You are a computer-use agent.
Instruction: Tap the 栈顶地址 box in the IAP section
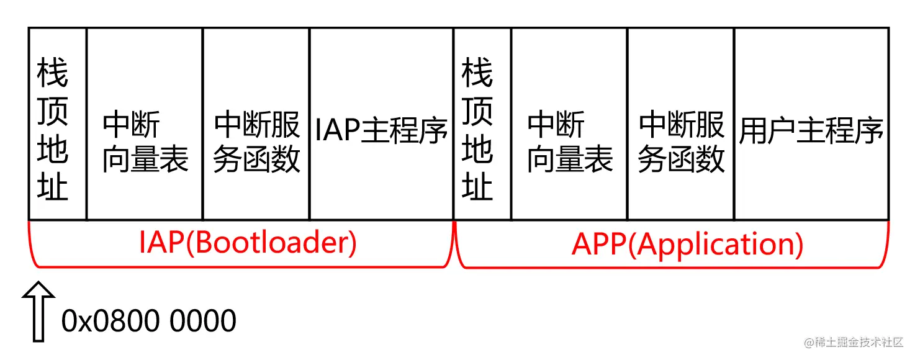pyautogui.click(x=57, y=124)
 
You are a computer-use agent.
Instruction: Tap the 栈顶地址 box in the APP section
pyautogui.click(x=482, y=124)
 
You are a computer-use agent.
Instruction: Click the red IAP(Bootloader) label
pyautogui.click(x=248, y=243)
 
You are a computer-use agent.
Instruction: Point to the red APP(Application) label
pyautogui.click(x=687, y=245)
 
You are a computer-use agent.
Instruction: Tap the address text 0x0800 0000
pyautogui.click(x=149, y=321)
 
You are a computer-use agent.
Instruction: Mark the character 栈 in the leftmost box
pyautogui.click(x=53, y=74)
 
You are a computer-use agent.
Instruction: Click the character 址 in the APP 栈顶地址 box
pyautogui.click(x=477, y=186)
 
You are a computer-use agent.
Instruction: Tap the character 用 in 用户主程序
pyautogui.click(x=752, y=130)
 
